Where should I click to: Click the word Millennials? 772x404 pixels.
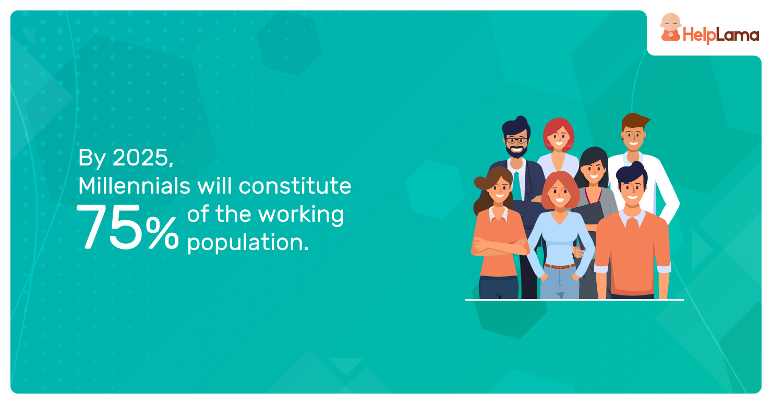[x=134, y=186]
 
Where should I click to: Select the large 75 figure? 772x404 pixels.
[x=109, y=227]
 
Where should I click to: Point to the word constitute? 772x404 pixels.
[x=295, y=186]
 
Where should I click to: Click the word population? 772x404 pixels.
[x=248, y=243]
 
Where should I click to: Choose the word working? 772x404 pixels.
[x=301, y=215]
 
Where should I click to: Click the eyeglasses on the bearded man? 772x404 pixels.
[x=516, y=140]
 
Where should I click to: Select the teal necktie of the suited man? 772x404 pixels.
[x=517, y=186]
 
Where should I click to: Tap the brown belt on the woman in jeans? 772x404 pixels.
[x=559, y=266]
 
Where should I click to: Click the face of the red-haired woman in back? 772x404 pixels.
[x=559, y=138]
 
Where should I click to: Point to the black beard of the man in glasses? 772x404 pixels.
[x=516, y=151]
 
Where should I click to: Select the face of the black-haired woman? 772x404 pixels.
[x=594, y=171]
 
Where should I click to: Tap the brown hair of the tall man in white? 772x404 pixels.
[x=634, y=122]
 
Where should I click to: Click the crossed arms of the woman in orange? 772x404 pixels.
[x=499, y=247]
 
